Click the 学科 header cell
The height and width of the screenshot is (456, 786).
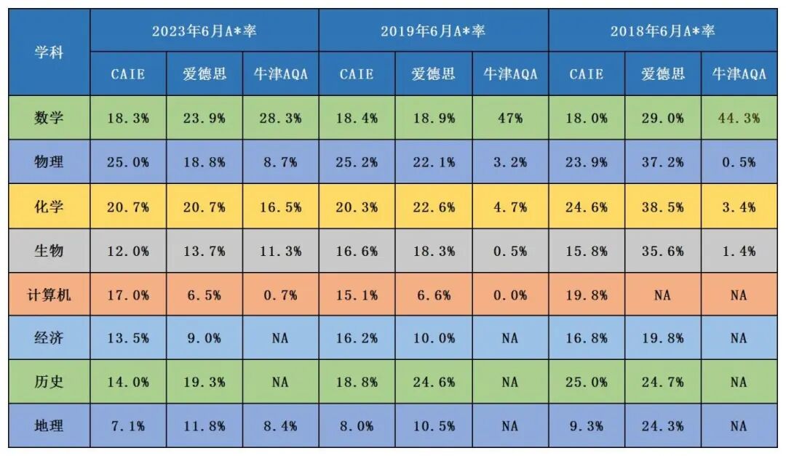pyautogui.click(x=49, y=52)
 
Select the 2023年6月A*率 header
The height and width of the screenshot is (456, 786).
pyautogui.click(x=205, y=31)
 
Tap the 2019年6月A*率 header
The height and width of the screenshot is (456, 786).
pyautogui.click(x=433, y=31)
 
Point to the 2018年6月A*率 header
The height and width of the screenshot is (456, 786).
pyautogui.click(x=662, y=31)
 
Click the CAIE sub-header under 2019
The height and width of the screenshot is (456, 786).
pyautogui.click(x=357, y=74)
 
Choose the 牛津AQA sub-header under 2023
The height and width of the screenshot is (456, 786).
pyautogui.click(x=280, y=74)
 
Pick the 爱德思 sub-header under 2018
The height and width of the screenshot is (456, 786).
pyautogui.click(x=662, y=74)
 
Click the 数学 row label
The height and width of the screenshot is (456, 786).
pyautogui.click(x=49, y=118)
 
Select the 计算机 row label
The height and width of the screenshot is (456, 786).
pyautogui.click(x=49, y=295)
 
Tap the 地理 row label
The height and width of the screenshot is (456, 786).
pyautogui.click(x=49, y=425)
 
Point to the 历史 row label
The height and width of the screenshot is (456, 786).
pyautogui.click(x=49, y=381)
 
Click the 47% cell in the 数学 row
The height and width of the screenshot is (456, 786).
pyautogui.click(x=509, y=118)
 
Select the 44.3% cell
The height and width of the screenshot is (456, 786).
pyautogui.click(x=739, y=118)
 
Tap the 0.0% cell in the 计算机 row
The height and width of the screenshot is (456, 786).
pyautogui.click(x=509, y=295)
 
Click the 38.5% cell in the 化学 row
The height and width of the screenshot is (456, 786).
pyautogui.click(x=662, y=207)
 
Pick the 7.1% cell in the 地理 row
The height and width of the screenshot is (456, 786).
pyautogui.click(x=128, y=425)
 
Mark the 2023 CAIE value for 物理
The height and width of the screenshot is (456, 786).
pyautogui.click(x=128, y=162)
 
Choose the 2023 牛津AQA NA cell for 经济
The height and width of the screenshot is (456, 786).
pyautogui.click(x=280, y=338)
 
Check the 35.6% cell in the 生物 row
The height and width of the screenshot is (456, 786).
pyautogui.click(x=662, y=251)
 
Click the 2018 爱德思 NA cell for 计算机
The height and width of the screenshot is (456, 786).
pyautogui.click(x=662, y=295)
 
